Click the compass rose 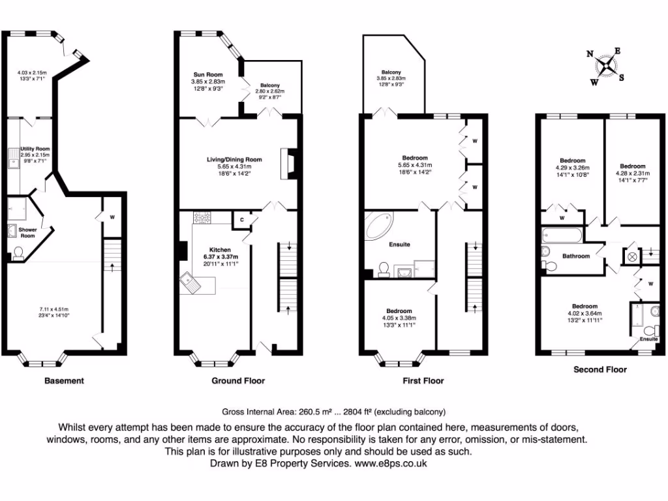[607, 65]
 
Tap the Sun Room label [207, 74]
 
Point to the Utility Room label [35, 149]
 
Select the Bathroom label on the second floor [576, 256]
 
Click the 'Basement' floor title [64, 380]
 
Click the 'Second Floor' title [600, 369]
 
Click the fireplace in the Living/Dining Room [288, 163]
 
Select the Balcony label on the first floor [391, 72]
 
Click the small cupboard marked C [242, 220]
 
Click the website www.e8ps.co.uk [390, 463]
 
